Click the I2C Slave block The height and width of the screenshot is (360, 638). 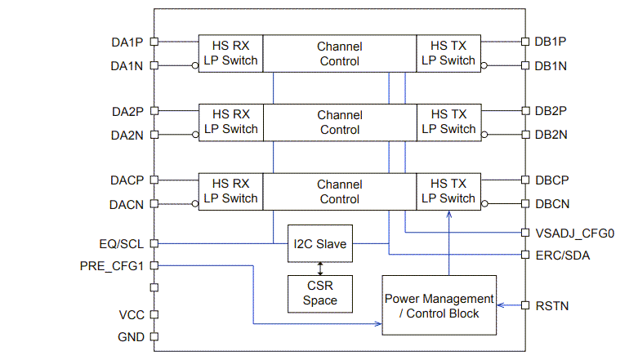pyautogui.click(x=320, y=243)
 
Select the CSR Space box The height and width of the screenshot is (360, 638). pyautogui.click(x=320, y=293)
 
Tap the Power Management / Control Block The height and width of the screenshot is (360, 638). pyautogui.click(x=439, y=305)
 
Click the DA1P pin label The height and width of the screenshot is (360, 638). pyautogui.click(x=127, y=41)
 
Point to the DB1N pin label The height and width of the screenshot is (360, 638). pyautogui.click(x=551, y=65)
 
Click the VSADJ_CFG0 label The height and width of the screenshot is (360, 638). pyautogui.click(x=573, y=233)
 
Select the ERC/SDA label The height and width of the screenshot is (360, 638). pyautogui.click(x=562, y=256)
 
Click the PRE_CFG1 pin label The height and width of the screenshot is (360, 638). pyautogui.click(x=112, y=265)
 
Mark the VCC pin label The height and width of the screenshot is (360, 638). pyautogui.click(x=132, y=315)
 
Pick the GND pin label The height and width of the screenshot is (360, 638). pyautogui.click(x=131, y=336)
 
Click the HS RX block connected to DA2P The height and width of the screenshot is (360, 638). pyautogui.click(x=230, y=122)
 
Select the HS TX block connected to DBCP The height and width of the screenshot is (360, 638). pyautogui.click(x=448, y=191)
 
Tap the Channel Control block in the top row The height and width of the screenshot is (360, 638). pyautogui.click(x=340, y=53)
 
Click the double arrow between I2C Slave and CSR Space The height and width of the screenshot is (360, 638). pyautogui.click(x=320, y=269)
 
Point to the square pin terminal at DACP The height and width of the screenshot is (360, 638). pyautogui.click(x=154, y=180)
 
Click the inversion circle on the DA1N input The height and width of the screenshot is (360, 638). pyautogui.click(x=195, y=65)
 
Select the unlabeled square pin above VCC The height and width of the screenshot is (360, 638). pyautogui.click(x=154, y=287)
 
